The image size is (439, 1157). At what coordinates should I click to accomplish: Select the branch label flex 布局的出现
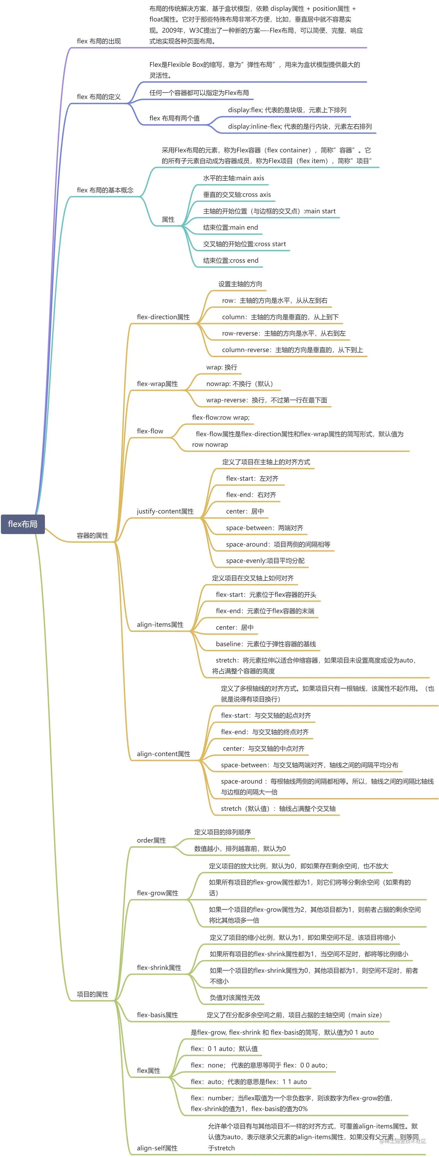coord(99,41)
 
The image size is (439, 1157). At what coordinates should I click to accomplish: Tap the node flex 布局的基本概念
coord(105,190)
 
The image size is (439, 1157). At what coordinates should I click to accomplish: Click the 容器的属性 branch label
coord(92,536)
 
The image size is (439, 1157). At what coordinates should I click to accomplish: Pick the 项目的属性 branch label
coord(92,994)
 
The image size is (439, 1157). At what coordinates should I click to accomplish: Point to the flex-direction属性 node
coord(163,317)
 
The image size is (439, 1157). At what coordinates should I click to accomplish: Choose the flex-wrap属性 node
coord(157,384)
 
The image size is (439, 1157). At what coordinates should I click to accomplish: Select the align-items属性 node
coord(160,624)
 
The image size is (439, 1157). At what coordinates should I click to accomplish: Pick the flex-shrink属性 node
coord(159,967)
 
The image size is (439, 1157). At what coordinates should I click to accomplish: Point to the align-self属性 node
coord(157,1148)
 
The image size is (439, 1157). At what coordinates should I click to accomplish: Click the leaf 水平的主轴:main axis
coord(233,178)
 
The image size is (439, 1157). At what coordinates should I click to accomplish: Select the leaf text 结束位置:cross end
coord(231,260)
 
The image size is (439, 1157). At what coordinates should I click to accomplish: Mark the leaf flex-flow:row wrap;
coord(220,418)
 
